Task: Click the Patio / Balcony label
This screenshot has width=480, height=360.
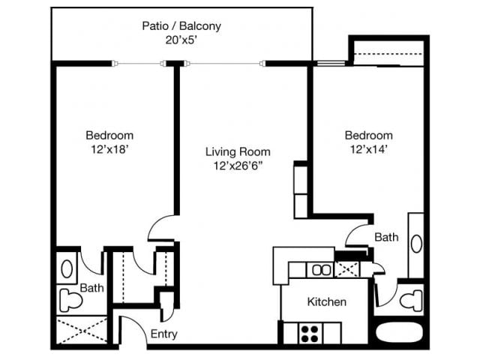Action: tap(181, 26)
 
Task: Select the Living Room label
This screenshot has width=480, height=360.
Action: tap(238, 151)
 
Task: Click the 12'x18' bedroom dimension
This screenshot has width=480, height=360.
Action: tap(109, 148)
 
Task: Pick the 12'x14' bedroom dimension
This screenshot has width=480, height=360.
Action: tap(368, 148)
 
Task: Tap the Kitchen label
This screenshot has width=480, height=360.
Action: tap(327, 302)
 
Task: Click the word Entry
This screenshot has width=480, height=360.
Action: tap(164, 334)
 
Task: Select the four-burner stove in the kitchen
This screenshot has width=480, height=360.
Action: tap(310, 333)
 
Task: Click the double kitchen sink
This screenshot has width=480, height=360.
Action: tap(321, 270)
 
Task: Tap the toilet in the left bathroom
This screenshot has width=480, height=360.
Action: tap(70, 299)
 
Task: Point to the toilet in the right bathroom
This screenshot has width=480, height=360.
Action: tap(411, 301)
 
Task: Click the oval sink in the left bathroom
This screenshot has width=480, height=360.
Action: tap(67, 268)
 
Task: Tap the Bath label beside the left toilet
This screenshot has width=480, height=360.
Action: tap(91, 287)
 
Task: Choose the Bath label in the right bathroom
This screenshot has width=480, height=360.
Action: tap(386, 237)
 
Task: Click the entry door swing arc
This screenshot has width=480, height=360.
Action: tap(132, 328)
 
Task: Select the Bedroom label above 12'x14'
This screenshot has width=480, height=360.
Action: tap(368, 135)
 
